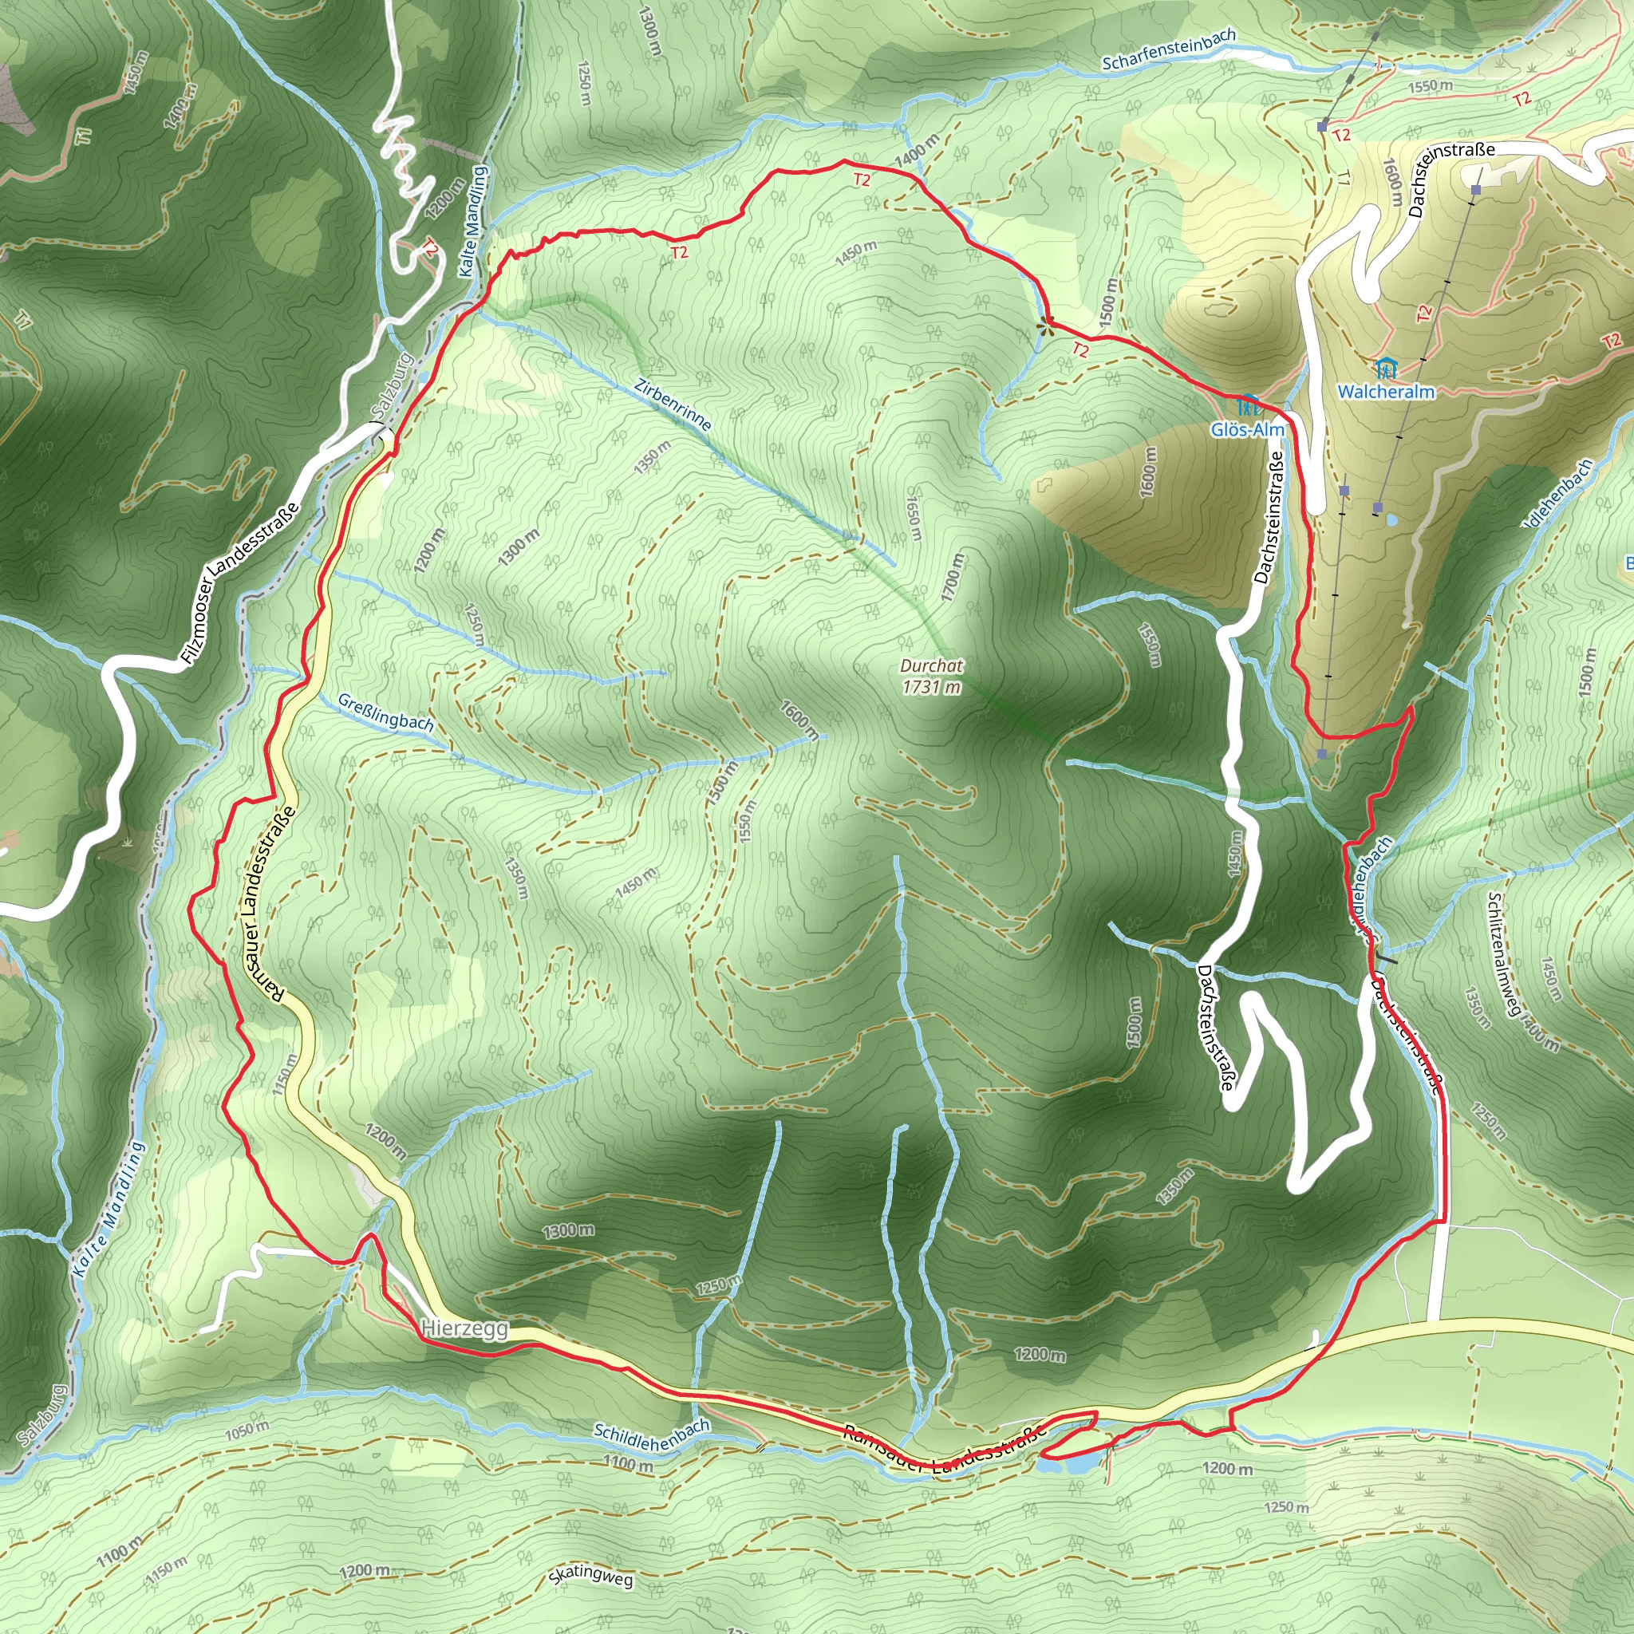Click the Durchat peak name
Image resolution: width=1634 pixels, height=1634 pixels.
point(931,665)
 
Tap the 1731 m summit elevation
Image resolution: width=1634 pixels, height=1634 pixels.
point(931,687)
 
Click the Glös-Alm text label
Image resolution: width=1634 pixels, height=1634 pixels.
point(1247,430)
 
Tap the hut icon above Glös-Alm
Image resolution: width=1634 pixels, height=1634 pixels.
point(1249,405)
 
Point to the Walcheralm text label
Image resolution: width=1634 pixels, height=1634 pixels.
point(1386,392)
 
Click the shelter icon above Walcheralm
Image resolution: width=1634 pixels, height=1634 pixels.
point(1385,369)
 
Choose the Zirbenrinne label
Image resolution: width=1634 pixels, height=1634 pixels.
point(673,405)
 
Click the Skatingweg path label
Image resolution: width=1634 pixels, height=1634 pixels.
point(590,1574)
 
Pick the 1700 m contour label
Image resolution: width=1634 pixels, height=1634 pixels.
point(953,578)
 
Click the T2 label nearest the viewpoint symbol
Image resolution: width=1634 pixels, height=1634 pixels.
point(1080,350)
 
